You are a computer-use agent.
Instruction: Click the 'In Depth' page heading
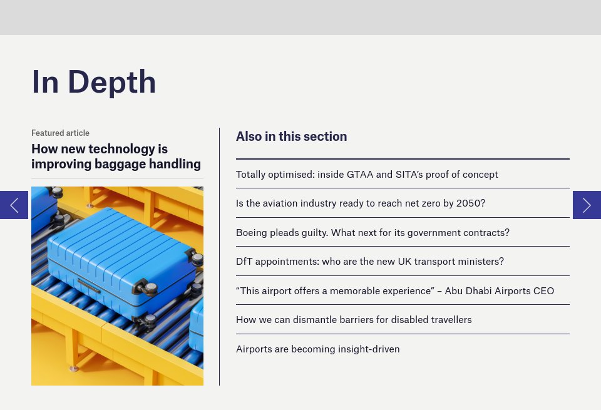(94, 82)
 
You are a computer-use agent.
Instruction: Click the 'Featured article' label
(60, 133)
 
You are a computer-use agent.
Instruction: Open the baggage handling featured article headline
(116, 156)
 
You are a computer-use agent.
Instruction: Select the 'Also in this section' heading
(291, 136)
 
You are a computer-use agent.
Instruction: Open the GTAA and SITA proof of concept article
(367, 175)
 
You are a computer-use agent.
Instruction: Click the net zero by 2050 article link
(361, 203)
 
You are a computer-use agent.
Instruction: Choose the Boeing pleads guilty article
(372, 233)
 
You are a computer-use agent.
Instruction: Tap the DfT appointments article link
(369, 262)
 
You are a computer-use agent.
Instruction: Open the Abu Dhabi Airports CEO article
(394, 291)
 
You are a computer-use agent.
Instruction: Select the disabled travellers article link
(354, 320)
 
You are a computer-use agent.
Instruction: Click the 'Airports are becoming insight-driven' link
(317, 349)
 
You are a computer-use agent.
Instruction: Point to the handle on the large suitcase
(89, 286)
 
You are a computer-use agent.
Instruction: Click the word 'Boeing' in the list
(253, 233)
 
